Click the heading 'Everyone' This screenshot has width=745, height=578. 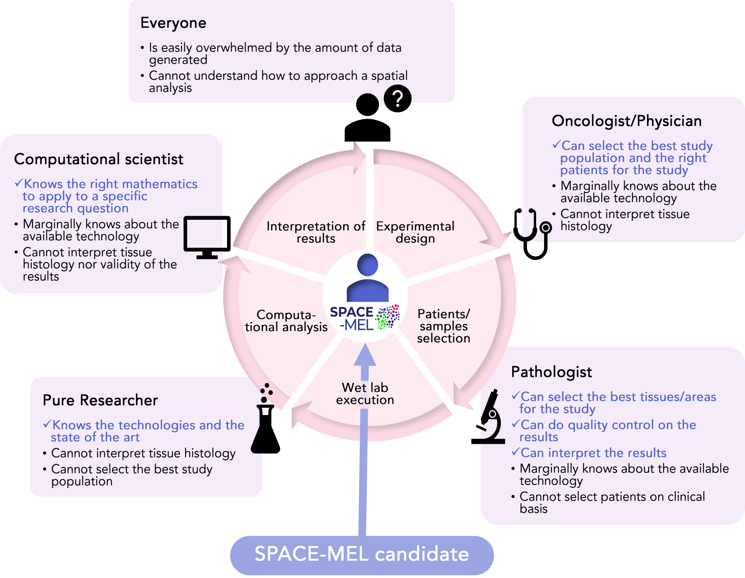173,23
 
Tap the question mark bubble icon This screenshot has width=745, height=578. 398,99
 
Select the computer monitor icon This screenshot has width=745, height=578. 207,237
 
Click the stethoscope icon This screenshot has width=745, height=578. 533,234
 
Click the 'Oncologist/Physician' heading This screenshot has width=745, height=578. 627,121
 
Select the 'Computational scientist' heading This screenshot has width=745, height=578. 99,159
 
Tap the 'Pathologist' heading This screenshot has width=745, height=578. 551,372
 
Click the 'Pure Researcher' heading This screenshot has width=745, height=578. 100,400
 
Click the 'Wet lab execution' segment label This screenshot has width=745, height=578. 365,394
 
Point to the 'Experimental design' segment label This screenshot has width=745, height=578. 415,232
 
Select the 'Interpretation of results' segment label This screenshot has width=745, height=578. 316,232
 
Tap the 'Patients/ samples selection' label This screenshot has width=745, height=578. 444,326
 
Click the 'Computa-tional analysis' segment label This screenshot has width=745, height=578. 286,321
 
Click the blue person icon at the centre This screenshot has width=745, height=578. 367,278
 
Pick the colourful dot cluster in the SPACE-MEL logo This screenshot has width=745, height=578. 388,317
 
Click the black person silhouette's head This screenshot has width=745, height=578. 367,105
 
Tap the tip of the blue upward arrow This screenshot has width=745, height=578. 365,343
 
